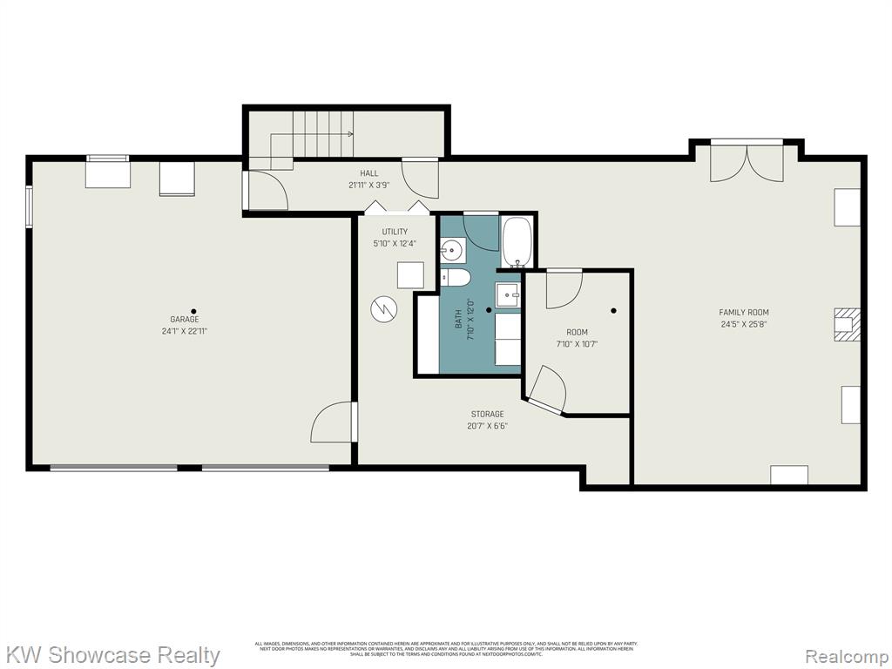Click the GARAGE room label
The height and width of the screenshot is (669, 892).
[x=184, y=320]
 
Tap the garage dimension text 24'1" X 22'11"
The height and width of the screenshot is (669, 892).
[x=184, y=331]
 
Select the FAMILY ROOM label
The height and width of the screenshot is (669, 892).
[x=743, y=313]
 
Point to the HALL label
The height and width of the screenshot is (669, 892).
[x=368, y=173]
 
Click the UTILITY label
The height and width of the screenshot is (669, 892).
[x=394, y=232]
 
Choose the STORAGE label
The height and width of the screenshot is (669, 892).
[x=487, y=414]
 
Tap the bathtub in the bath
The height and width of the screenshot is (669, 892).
[x=517, y=241]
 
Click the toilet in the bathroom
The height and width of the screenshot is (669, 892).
[x=456, y=277]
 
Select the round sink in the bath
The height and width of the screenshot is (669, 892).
[x=451, y=252]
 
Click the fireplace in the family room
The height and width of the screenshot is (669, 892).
[x=847, y=323]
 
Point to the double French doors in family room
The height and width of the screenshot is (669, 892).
[x=746, y=164]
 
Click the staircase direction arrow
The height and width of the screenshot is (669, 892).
[x=348, y=134]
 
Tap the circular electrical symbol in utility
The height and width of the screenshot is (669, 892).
[x=382, y=308]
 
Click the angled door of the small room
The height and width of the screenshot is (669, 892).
[x=547, y=389]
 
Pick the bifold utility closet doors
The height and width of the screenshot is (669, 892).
[x=395, y=208]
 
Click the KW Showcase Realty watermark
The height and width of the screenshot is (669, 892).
[x=112, y=654]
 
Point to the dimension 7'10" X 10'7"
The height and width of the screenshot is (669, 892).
[x=577, y=344]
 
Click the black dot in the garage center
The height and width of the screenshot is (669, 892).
[x=193, y=311]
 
